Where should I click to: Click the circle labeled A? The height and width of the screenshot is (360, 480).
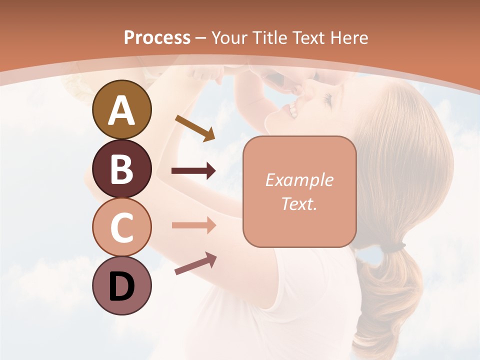tap(121, 109)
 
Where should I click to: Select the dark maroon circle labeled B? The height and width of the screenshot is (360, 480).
tap(121, 168)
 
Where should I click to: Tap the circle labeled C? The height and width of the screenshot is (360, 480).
tap(121, 227)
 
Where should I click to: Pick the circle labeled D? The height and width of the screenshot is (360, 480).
tap(121, 286)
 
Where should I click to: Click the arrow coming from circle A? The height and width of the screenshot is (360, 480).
tap(195, 128)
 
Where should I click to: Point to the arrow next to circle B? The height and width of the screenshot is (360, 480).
tap(193, 171)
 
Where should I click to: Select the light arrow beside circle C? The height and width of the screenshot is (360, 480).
tap(193, 225)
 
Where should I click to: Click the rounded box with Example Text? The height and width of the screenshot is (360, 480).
tap(299, 191)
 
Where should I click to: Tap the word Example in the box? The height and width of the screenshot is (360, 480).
tap(299, 180)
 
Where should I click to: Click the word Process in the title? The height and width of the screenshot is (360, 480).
tap(157, 37)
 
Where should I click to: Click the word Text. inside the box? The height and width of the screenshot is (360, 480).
tap(299, 204)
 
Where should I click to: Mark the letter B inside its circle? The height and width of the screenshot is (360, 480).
tap(121, 169)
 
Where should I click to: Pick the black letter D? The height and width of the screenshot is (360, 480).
tap(121, 286)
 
